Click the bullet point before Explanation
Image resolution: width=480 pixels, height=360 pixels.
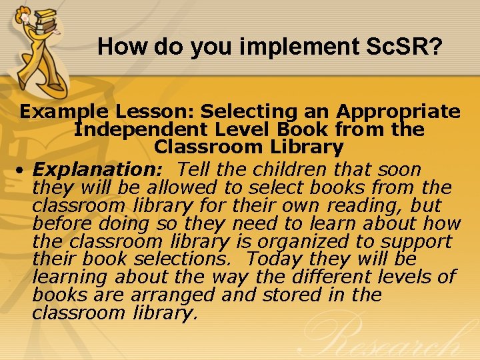[23, 171]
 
